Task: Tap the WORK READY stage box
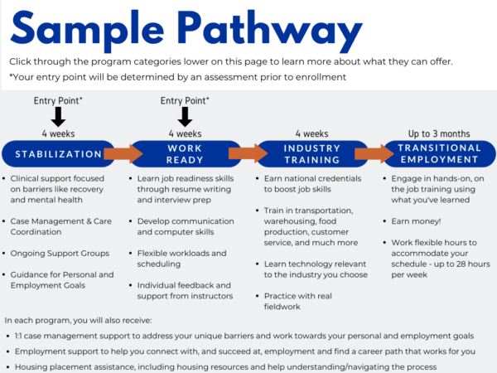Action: (x=185, y=153)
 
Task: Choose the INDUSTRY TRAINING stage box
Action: (x=311, y=153)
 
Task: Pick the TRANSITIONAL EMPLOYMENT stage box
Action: (x=439, y=153)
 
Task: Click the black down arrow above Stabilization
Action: (x=57, y=117)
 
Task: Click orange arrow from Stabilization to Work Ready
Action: (x=123, y=153)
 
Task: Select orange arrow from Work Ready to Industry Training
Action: (x=248, y=153)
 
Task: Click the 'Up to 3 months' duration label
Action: (x=439, y=133)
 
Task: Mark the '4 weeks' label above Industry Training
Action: (x=311, y=133)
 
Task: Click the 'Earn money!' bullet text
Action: (x=415, y=221)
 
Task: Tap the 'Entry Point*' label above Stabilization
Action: (x=57, y=101)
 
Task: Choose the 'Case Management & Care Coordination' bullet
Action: (x=61, y=226)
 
